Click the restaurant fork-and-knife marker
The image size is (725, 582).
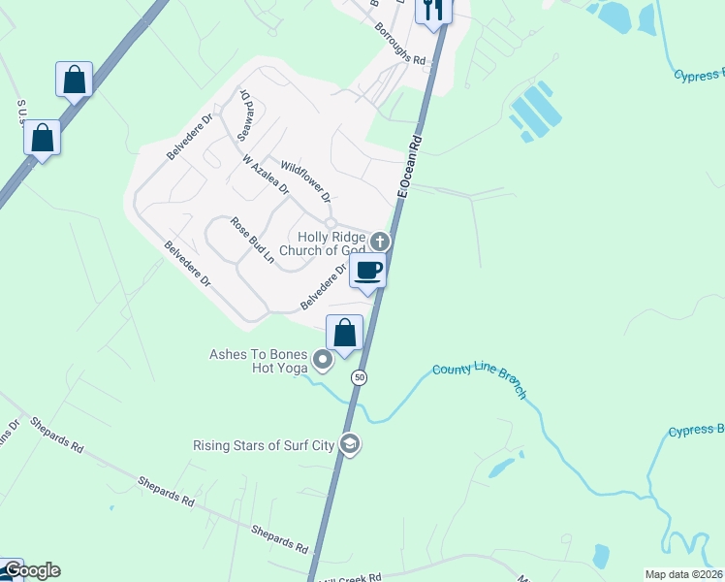[433, 10]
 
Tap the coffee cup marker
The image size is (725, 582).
[368, 270]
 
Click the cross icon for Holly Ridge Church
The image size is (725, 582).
[381, 242]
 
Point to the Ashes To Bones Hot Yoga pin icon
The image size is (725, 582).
[323, 362]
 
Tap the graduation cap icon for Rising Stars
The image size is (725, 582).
[349, 445]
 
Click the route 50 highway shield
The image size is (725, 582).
[359, 377]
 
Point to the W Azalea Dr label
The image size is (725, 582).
[266, 175]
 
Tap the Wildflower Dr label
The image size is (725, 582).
[305, 182]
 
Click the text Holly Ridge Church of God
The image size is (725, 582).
[323, 242]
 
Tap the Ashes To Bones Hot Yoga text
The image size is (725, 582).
[259, 361]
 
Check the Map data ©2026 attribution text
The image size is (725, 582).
[683, 574]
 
